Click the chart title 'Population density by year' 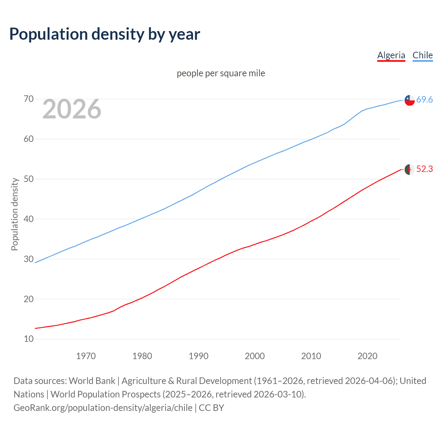[105, 34]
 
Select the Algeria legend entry [391, 55]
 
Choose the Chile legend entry [422, 55]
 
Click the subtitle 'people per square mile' [221, 73]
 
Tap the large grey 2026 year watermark [72, 109]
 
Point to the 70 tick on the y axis [29, 99]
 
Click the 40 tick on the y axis [29, 219]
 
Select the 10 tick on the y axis [29, 339]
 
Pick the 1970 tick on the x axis [86, 356]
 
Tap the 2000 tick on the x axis [254, 356]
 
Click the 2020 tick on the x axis [367, 356]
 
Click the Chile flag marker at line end [409, 100]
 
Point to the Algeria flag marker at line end [409, 170]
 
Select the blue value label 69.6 [424, 100]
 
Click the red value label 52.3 [424, 169]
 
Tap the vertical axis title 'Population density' [15, 214]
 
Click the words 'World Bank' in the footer [92, 381]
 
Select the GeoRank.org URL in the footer [103, 408]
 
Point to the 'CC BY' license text [211, 408]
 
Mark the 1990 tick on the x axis [198, 356]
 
